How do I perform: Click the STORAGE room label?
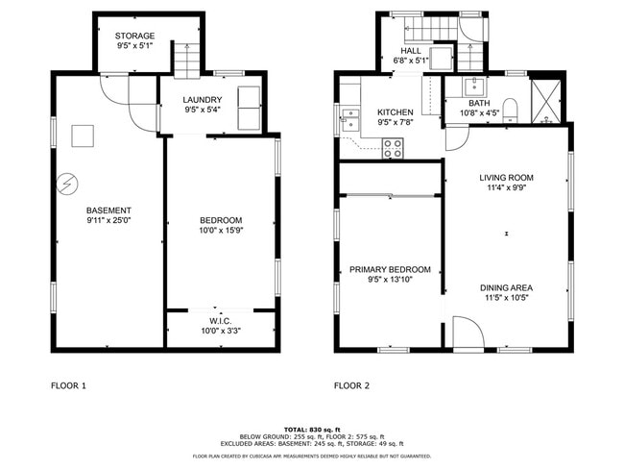pyautogui.click(x=134, y=36)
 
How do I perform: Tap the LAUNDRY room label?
pyautogui.click(x=203, y=99)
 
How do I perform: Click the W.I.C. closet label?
pyautogui.click(x=221, y=320)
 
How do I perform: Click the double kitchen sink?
pyautogui.click(x=349, y=120)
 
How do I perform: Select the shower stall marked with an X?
pyautogui.click(x=548, y=99)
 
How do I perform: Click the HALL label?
pyautogui.click(x=411, y=51)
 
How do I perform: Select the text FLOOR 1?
pyautogui.click(x=68, y=386)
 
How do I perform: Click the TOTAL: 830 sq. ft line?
pyautogui.click(x=312, y=429)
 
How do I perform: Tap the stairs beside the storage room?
pyautogui.click(x=184, y=61)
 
